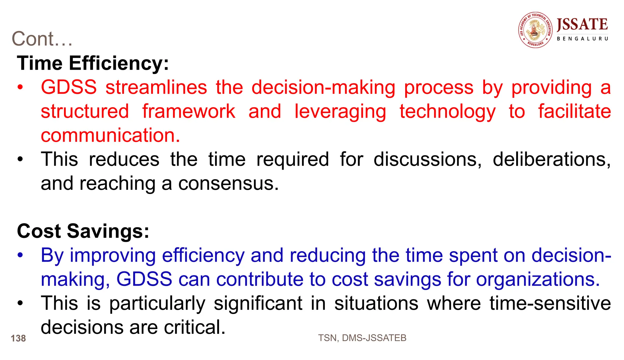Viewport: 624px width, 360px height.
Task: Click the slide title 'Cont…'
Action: [x=42, y=39]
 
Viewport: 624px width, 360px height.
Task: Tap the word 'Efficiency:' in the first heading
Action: [x=119, y=63]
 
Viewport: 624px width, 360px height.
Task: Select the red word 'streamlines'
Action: [x=156, y=87]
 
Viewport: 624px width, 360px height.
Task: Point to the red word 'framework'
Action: [x=189, y=111]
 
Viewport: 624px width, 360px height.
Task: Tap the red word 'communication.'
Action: [x=111, y=135]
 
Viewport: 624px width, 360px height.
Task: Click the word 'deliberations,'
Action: [x=551, y=159]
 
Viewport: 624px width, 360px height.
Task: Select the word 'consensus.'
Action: [x=228, y=183]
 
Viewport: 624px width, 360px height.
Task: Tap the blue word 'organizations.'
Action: [x=538, y=280]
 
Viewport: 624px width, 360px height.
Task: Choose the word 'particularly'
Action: [x=157, y=304]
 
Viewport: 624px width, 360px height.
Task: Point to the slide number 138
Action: [x=18, y=338]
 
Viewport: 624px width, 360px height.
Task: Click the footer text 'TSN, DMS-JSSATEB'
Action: [x=362, y=338]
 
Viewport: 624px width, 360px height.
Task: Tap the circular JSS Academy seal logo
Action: [x=535, y=30]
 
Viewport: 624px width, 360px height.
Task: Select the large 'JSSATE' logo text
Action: [x=582, y=24]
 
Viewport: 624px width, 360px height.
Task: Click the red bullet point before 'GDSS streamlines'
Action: [x=20, y=88]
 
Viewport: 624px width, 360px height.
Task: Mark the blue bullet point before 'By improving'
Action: [x=20, y=256]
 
